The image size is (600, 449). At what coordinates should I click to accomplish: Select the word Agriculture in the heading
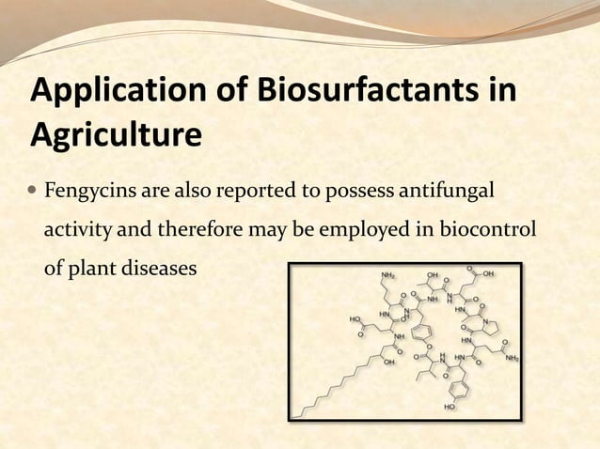tap(116, 136)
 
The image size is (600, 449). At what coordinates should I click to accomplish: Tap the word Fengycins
tap(91, 193)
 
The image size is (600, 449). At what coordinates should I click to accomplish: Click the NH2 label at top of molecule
tap(387, 274)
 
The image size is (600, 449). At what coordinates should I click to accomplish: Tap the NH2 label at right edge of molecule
tap(513, 358)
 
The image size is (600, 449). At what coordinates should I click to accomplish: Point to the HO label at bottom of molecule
tap(448, 408)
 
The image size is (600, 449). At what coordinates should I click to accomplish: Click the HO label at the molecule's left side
tap(355, 318)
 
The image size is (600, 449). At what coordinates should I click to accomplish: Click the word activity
tap(74, 230)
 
